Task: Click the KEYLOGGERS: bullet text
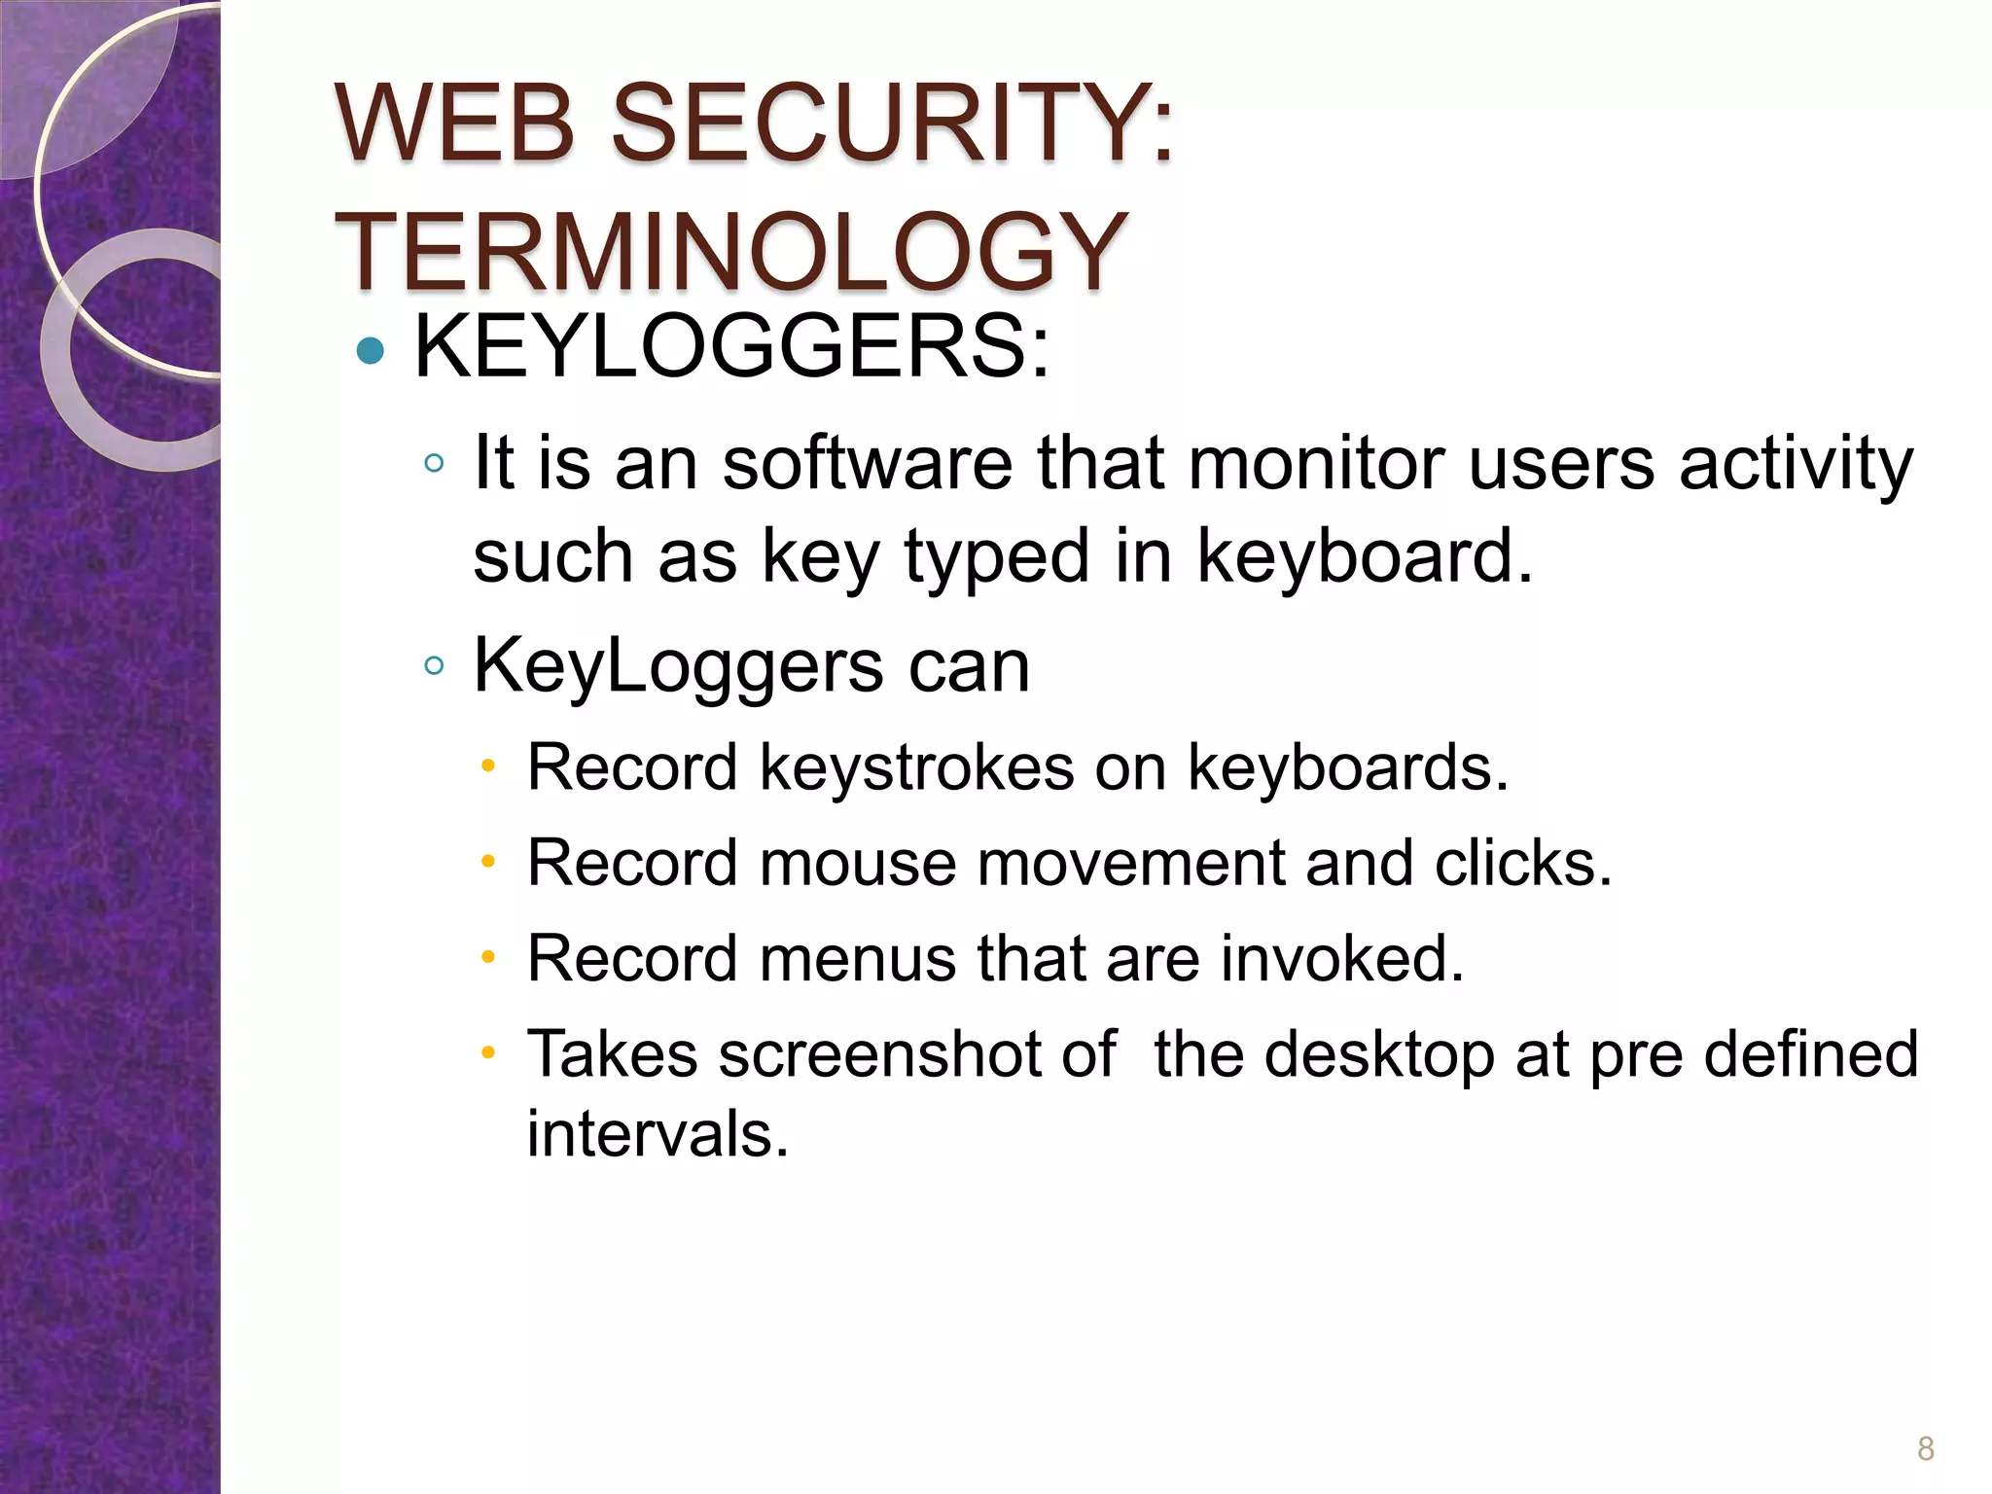pyautogui.click(x=732, y=347)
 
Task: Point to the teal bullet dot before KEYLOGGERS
pyautogui.click(x=371, y=350)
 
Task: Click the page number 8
pyautogui.click(x=1925, y=1448)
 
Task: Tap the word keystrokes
pyautogui.click(x=916, y=768)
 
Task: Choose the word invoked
pyautogui.click(x=1342, y=959)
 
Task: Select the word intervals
pyautogui.click(x=658, y=1134)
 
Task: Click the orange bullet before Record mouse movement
pyautogui.click(x=489, y=862)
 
